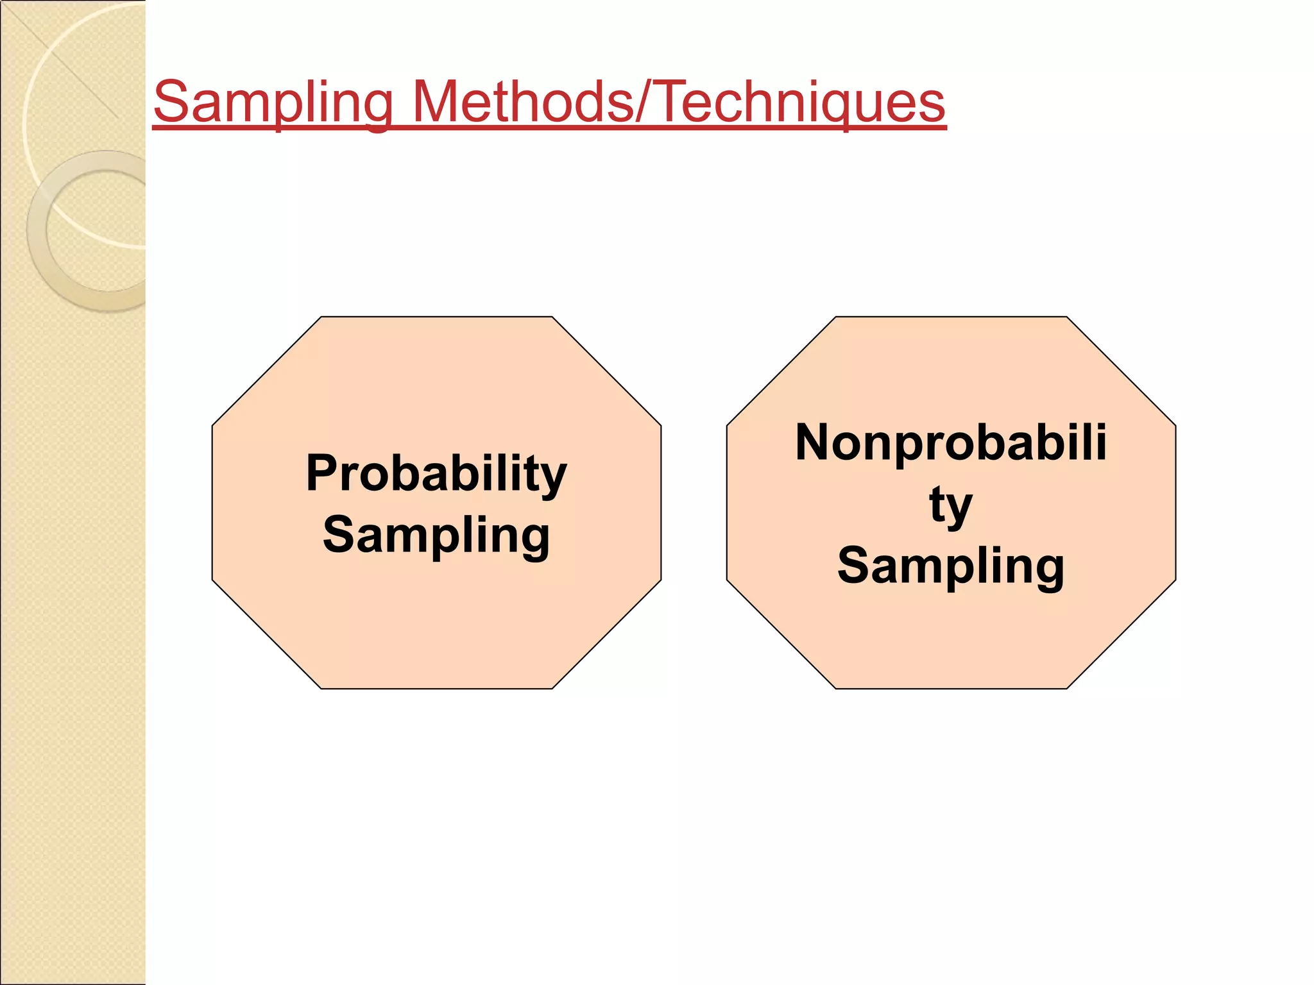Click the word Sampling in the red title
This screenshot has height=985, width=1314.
point(273,103)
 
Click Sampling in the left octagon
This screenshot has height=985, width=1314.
point(436,535)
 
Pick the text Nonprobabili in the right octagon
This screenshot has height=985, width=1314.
point(951,442)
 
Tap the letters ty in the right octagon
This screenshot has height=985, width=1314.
point(951,505)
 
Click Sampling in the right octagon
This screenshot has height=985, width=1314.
point(951,566)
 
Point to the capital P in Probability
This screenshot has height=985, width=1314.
point(322,473)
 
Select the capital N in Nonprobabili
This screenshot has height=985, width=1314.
point(814,442)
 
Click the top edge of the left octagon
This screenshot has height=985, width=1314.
point(436,317)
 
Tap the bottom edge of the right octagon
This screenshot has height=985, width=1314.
point(951,689)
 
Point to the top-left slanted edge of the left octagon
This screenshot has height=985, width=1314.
point(266,371)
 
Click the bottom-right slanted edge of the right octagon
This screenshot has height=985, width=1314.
point(1121,635)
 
